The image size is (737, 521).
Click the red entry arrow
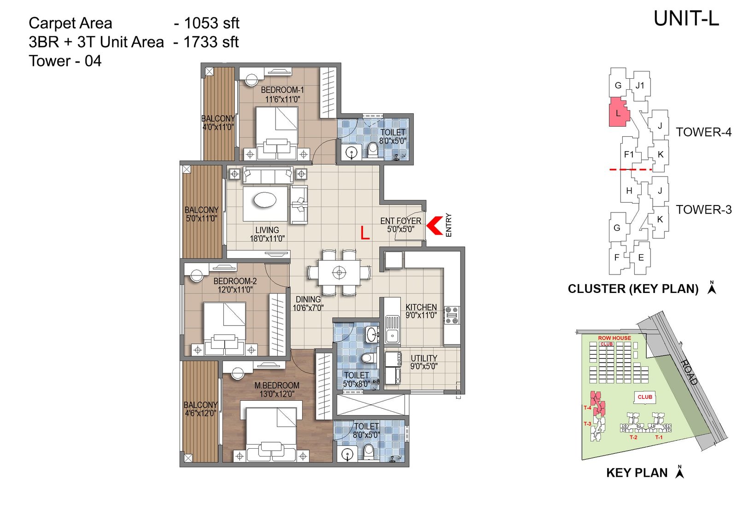click(435, 225)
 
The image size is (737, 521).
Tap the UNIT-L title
click(686, 19)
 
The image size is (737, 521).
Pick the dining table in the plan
click(339, 272)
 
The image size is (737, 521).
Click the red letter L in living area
click(365, 233)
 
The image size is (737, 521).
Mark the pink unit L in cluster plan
click(618, 113)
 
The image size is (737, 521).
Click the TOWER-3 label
click(703, 210)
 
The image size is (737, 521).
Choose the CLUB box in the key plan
click(644, 397)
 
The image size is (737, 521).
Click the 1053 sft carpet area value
click(211, 23)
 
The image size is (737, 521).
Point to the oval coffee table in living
click(265, 200)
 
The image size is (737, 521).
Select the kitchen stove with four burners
click(452, 316)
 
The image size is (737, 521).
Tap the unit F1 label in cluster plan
click(629, 154)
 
